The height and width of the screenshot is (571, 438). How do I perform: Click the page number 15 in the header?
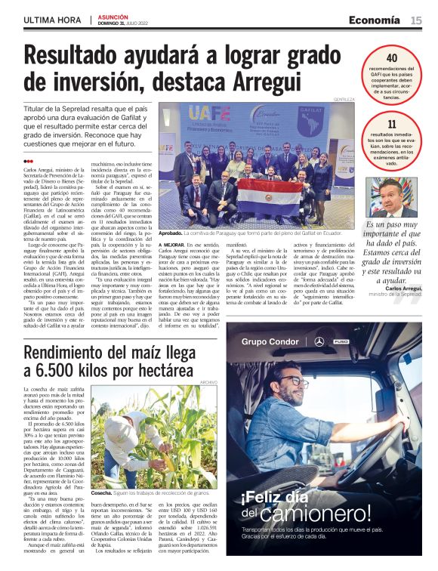pyautogui.click(x=416, y=20)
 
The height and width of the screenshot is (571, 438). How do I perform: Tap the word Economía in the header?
pyautogui.click(x=374, y=20)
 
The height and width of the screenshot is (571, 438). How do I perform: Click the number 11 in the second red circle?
pyautogui.click(x=391, y=125)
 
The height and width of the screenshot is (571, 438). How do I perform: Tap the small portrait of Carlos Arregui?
pyautogui.click(x=391, y=196)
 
